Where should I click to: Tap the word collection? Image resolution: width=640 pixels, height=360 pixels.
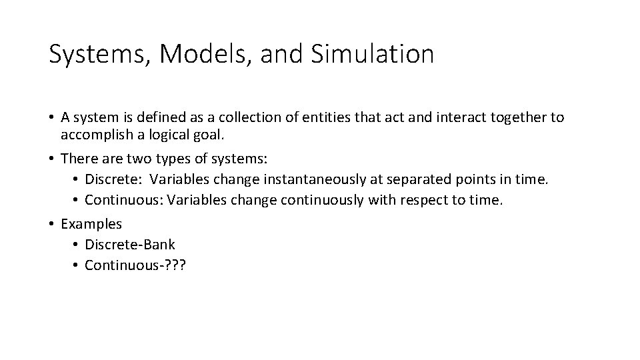[x=253, y=118]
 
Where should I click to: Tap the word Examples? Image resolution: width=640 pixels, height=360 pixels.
[x=91, y=224]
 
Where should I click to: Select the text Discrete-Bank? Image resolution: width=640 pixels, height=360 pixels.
[x=130, y=245]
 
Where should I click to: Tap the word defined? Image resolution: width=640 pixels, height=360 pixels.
[x=150, y=118]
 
